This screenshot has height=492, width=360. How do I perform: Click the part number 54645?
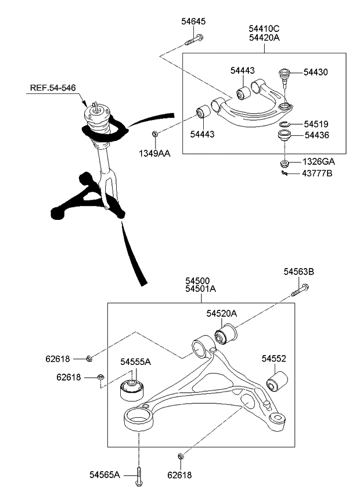click(x=193, y=21)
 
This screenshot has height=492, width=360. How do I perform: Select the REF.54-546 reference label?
click(x=53, y=88)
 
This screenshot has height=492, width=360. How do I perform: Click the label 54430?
click(x=315, y=73)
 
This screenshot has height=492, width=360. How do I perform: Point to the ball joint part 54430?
click(x=285, y=74)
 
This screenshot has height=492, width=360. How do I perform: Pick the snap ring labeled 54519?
click(x=284, y=124)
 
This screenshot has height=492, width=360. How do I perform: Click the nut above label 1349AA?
click(x=154, y=135)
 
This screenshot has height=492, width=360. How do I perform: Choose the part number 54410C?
click(x=264, y=28)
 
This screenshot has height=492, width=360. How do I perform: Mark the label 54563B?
click(x=298, y=271)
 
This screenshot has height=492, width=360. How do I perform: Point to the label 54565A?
click(x=105, y=475)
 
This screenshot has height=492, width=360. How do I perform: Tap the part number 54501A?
click(x=200, y=288)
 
